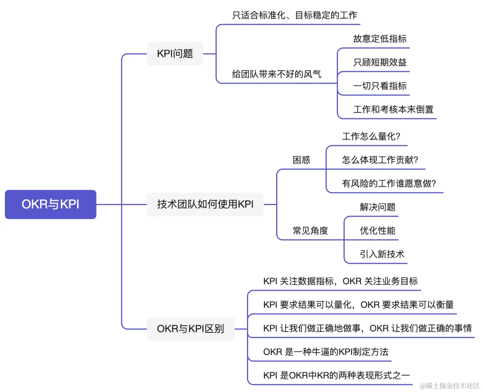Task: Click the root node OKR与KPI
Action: [x=51, y=204]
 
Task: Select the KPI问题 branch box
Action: [x=175, y=54]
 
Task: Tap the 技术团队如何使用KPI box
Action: [x=205, y=204]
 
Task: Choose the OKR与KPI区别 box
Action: [x=190, y=329]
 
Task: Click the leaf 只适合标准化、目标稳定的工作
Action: [x=295, y=15]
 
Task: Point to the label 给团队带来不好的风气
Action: [x=277, y=74]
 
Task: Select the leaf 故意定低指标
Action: [x=380, y=39]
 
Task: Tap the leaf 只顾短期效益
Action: [x=380, y=62]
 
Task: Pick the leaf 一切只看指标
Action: [x=380, y=86]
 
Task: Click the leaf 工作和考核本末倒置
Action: [x=393, y=110]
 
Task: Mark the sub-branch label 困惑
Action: [x=302, y=160]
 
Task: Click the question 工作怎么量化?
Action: [x=371, y=137]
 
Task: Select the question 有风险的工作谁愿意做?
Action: [x=389, y=184]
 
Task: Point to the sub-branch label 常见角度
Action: [x=310, y=231]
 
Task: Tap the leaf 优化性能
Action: [x=378, y=231]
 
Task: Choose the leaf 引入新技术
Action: [x=382, y=254]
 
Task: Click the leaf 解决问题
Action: [x=378, y=207]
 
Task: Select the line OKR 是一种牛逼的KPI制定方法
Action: [x=326, y=352]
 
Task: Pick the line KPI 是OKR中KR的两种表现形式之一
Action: [x=336, y=376]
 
